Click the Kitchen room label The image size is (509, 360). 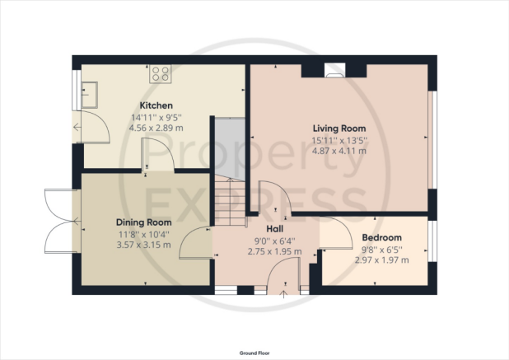pos(156,105)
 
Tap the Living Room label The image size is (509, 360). pos(339,129)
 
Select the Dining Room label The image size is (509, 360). pos(144,222)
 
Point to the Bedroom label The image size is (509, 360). pos(382,237)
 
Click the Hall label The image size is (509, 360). pos(274,229)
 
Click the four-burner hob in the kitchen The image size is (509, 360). pos(161,73)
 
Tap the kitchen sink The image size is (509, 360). pos(89,95)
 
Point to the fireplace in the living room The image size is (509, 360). pos(335,71)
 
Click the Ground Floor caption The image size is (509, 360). pos(254,353)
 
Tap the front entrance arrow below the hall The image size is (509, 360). pos(284,294)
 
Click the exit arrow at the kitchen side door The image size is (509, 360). pos(77,127)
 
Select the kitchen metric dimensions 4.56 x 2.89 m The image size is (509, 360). pos(156,128)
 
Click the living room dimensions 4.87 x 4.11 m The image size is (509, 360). pos(339,151)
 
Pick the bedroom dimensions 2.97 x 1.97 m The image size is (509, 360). pos(382,260)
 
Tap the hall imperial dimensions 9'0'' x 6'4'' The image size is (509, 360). pos(274,241)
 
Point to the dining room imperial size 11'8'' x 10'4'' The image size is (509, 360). pos(144,235)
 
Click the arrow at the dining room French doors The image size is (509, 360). pos(77,222)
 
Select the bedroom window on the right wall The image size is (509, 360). pos(432,241)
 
